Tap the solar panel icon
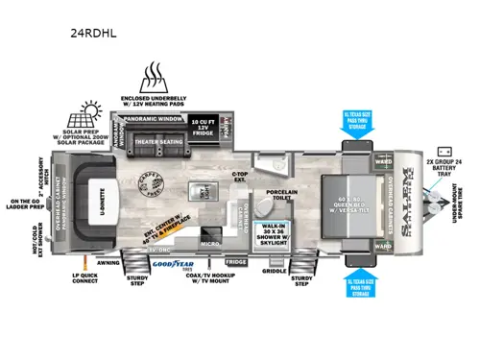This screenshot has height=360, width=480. (93, 112)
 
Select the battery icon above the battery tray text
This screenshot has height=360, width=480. (444, 151)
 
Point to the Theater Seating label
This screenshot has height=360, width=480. (159, 142)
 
